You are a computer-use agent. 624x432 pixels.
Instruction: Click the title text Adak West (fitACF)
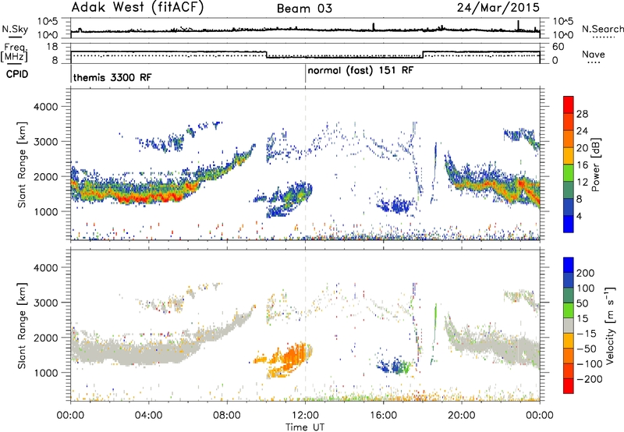[137, 8]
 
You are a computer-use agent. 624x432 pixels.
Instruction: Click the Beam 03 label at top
[304, 9]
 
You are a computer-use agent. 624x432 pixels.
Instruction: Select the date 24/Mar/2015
[498, 8]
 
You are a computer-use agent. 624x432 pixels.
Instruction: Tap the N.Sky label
[15, 29]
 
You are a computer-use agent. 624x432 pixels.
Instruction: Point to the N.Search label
[602, 29]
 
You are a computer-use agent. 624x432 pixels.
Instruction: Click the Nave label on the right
[594, 54]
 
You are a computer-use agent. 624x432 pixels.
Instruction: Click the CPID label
[17, 74]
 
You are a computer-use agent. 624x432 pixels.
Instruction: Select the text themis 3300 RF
[112, 77]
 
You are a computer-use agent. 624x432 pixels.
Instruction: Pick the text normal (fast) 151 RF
[360, 71]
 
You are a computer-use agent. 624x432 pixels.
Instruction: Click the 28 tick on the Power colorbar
[582, 114]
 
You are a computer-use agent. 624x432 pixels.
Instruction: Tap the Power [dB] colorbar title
[595, 165]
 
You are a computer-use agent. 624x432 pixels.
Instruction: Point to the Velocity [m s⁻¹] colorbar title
[610, 325]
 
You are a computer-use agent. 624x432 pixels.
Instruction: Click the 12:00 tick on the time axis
[305, 416]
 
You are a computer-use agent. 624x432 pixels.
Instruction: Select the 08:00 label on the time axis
[227, 416]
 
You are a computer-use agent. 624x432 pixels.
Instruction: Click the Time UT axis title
[305, 427]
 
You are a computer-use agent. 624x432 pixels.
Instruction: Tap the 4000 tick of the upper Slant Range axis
[46, 107]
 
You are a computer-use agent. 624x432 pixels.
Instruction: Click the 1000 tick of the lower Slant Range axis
[46, 373]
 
